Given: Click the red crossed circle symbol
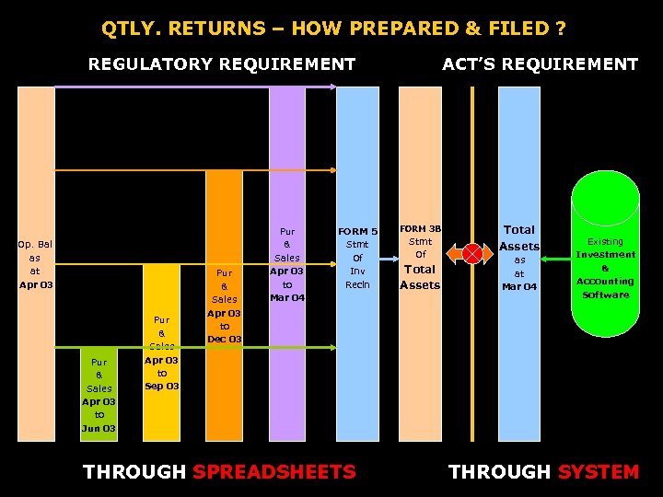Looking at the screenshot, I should pos(472,254).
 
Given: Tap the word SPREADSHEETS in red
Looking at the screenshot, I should pos(273,472).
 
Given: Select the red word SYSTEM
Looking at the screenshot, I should pos(599,472).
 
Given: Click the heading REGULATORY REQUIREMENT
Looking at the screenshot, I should pos(221,64).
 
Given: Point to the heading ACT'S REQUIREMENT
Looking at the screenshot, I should pos(540,64).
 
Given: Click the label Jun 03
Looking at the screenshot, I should pos(99,428).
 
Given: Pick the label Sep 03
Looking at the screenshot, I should pos(162,387).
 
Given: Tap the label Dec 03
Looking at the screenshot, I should pos(224,340).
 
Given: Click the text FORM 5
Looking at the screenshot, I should pos(357,231).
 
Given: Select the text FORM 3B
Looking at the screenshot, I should pos(421,228).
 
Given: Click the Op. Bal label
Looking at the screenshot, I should pos(35,244).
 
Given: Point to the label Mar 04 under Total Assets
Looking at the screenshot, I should pos(519,287).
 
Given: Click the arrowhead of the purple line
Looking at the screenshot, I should pos(333,87).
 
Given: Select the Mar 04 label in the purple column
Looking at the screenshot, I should pos(287,297).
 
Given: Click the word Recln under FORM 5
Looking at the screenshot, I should pos(357,284).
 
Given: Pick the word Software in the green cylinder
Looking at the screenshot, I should pos(605,295).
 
